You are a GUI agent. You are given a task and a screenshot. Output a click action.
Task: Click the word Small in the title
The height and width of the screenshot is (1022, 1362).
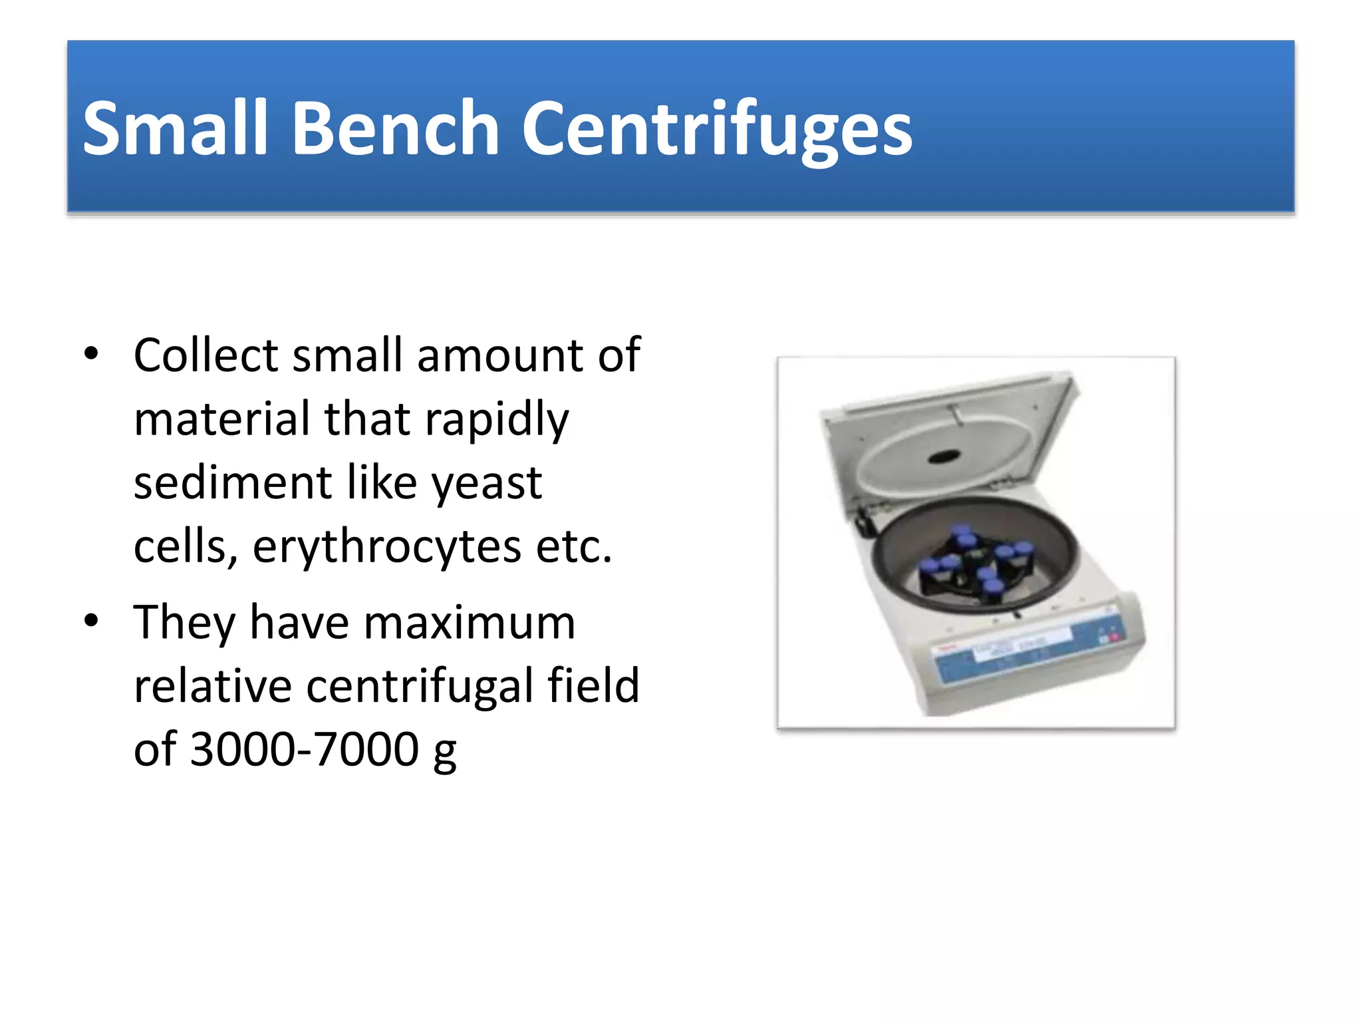[174, 128]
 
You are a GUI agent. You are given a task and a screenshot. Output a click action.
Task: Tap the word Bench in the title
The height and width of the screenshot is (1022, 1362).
[396, 128]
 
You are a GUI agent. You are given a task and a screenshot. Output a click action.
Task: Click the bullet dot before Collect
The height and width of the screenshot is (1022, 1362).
[91, 353]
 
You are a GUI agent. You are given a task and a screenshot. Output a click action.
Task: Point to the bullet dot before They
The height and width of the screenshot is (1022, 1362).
[91, 621]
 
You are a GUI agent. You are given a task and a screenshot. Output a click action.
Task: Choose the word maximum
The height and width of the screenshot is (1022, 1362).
[469, 623]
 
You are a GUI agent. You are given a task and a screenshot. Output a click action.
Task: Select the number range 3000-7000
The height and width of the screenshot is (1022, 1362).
[305, 749]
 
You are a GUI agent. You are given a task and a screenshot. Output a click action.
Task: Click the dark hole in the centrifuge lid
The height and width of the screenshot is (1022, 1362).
[944, 456]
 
